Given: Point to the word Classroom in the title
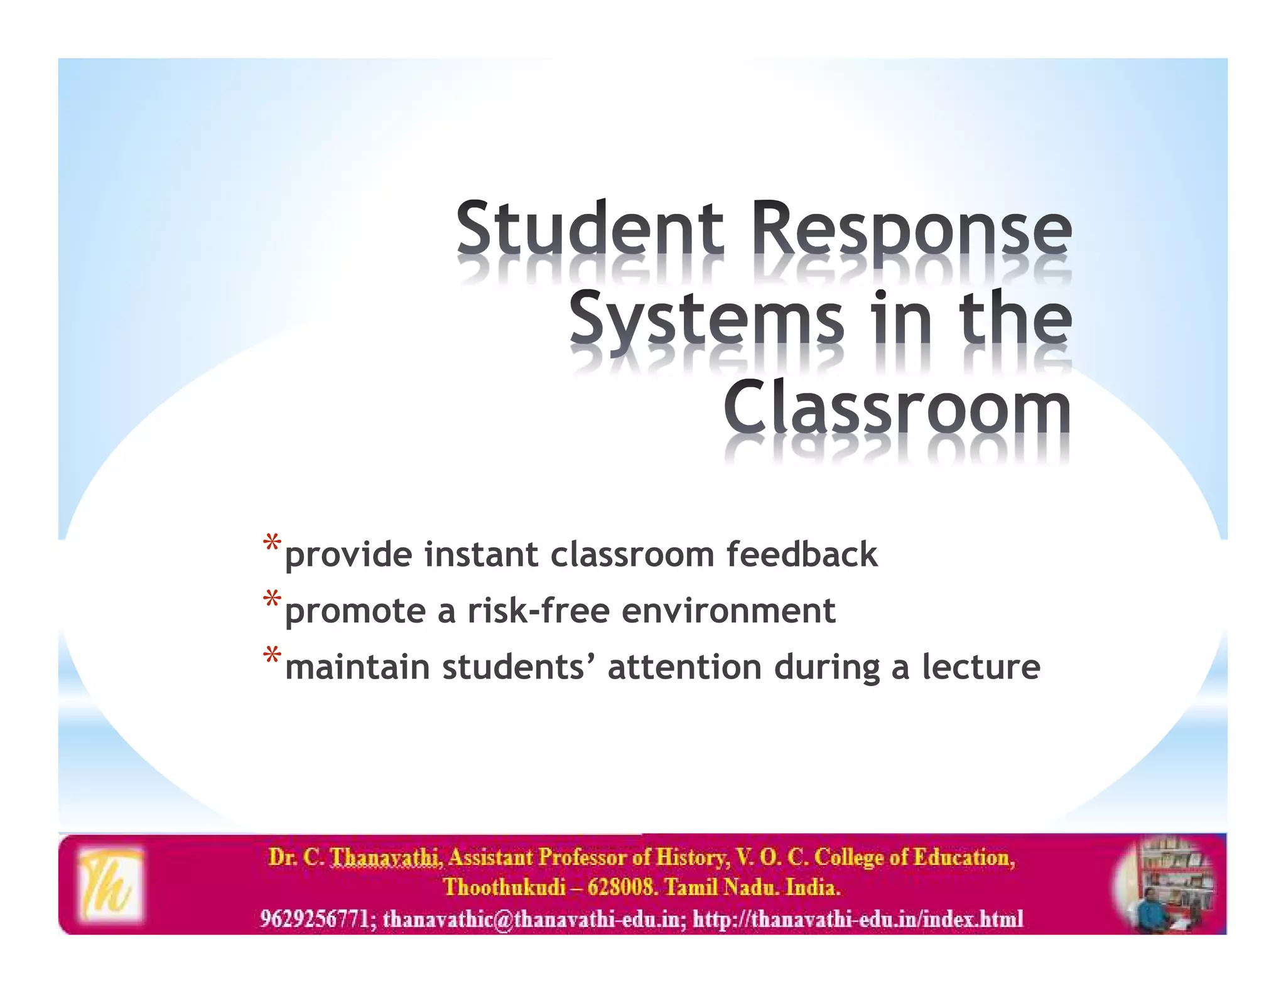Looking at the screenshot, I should coord(897,408).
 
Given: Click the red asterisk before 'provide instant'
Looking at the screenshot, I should coord(272,544).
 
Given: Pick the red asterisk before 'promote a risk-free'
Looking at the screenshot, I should coord(272,599).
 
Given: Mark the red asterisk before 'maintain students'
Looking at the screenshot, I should coord(272,656).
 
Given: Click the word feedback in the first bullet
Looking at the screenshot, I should coord(802,554).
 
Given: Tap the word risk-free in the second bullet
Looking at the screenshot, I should coord(538,611).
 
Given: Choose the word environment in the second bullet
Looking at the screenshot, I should coord(728,611).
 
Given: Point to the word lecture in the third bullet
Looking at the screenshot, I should coord(981,667).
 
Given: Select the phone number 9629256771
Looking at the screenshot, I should coord(315,919).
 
